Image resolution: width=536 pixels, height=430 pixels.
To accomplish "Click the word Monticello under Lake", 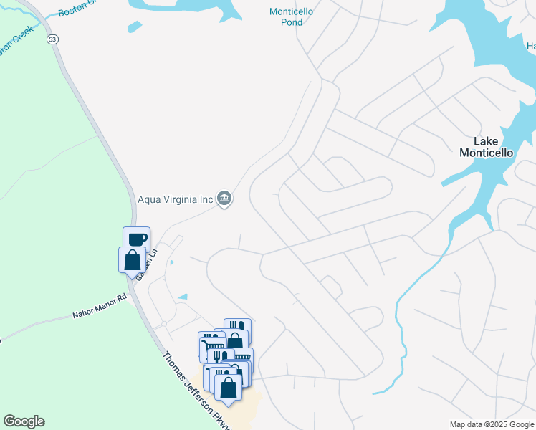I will coord(486,153).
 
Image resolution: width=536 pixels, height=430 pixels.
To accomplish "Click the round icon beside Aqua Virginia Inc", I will coord(224,198).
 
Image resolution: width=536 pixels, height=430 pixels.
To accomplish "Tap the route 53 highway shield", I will coord(52,39).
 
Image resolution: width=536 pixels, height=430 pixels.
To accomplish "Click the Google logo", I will coord(24,421).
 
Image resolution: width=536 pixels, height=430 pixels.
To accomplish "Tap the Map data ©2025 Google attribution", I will coord(492,424).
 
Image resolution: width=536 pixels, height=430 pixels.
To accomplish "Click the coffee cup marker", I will coord(136,238).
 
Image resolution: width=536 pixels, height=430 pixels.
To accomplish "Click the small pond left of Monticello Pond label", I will coord(134,27).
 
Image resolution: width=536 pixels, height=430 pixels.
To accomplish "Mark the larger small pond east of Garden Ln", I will coord(182,296).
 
